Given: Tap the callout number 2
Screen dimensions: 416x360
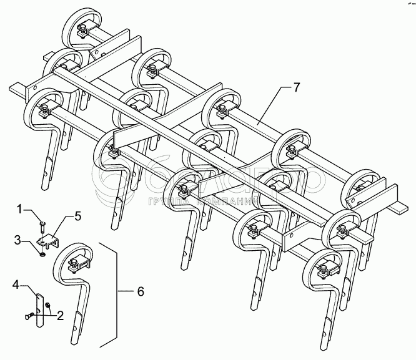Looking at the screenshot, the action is (61, 316).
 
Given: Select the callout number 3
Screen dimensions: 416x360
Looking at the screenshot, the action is (19, 239).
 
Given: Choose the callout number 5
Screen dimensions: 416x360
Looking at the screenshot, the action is (77, 216).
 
